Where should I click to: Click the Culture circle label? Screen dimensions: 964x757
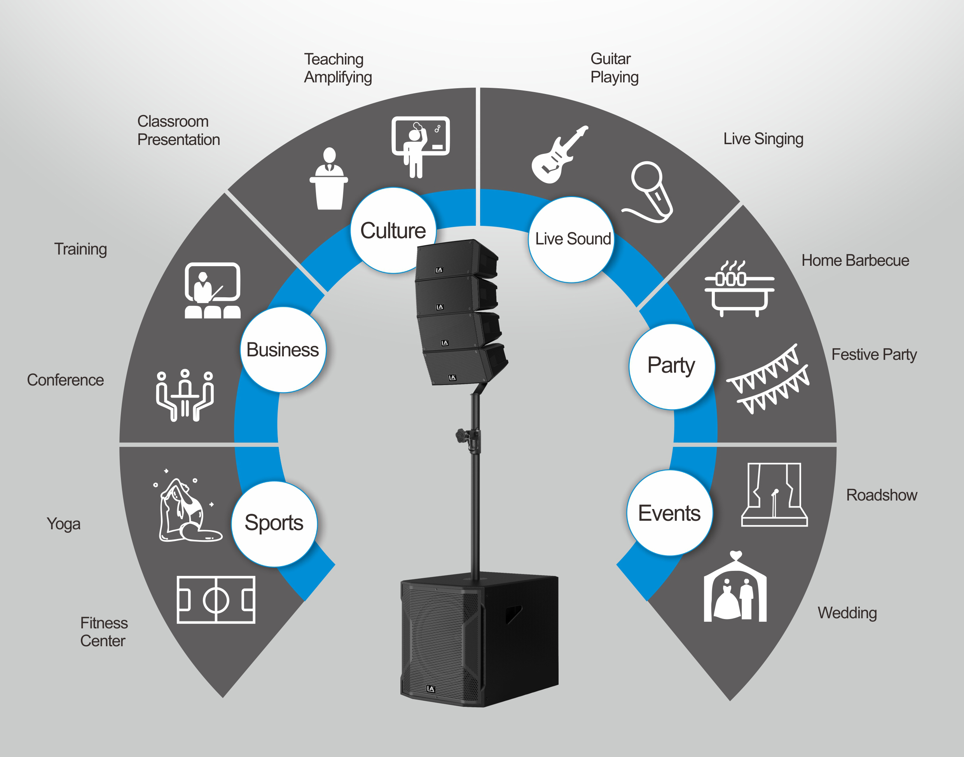pyautogui.click(x=393, y=230)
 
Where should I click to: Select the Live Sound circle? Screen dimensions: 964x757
pyautogui.click(x=571, y=239)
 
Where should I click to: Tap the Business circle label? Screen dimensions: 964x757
pyautogui.click(x=283, y=349)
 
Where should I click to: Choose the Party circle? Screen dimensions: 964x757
pyautogui.click(x=671, y=366)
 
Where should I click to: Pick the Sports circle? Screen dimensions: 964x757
pyautogui.click(x=274, y=523)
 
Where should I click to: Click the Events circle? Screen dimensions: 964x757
pyautogui.click(x=670, y=513)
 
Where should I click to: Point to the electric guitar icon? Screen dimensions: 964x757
pyautogui.click(x=559, y=154)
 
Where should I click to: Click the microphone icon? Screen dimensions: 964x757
pyautogui.click(x=648, y=192)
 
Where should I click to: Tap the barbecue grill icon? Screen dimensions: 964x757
pyautogui.click(x=739, y=288)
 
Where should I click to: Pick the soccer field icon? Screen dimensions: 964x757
pyautogui.click(x=216, y=600)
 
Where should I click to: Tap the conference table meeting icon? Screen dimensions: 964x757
pyautogui.click(x=185, y=394)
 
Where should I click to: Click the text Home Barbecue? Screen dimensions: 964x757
pyautogui.click(x=855, y=260)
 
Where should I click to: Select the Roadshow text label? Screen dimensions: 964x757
pyautogui.click(x=881, y=495)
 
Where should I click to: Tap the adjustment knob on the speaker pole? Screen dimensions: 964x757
pyautogui.click(x=461, y=435)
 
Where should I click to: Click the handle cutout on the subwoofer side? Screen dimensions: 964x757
pyautogui.click(x=514, y=614)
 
